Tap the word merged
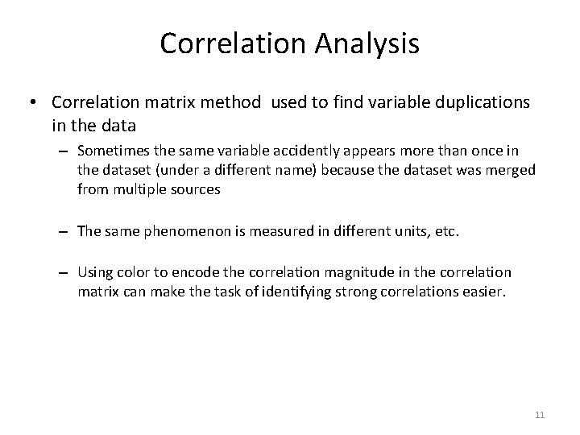516,170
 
